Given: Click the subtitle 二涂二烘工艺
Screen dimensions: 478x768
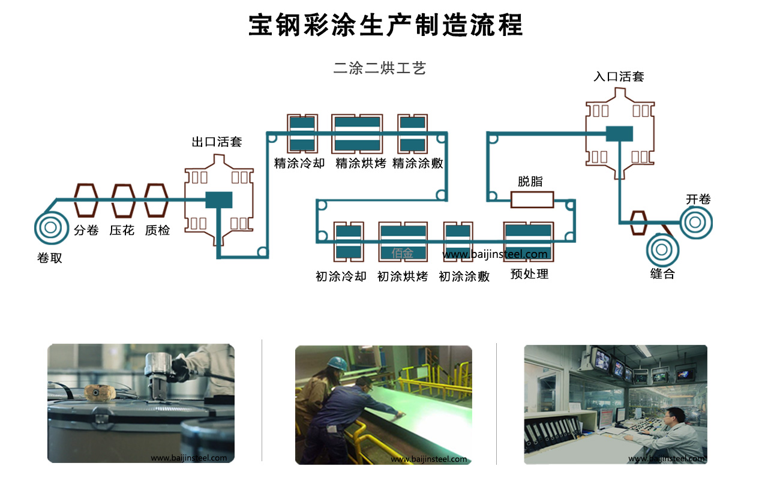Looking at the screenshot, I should [x=379, y=68].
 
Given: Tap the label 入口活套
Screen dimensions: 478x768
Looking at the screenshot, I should [x=619, y=77].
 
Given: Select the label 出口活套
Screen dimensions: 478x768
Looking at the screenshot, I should [x=217, y=142].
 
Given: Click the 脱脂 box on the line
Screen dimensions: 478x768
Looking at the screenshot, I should [x=532, y=199].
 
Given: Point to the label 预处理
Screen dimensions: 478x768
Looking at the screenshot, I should [x=529, y=275].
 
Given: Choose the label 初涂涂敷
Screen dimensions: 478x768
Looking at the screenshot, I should [x=464, y=276].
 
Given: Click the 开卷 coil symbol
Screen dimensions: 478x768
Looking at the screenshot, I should [x=695, y=223].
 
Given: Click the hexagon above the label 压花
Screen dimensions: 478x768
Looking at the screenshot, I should [x=123, y=200].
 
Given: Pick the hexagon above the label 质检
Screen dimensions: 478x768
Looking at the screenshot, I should [x=157, y=200].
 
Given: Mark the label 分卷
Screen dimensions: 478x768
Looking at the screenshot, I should [x=86, y=230].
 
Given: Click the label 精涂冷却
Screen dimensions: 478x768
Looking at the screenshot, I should [x=299, y=163].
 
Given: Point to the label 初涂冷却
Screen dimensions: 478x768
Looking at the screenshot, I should [x=340, y=276].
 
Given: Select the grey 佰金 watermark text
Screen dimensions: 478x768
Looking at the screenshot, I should [x=403, y=254].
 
